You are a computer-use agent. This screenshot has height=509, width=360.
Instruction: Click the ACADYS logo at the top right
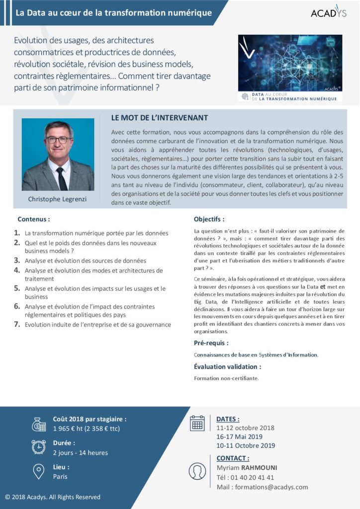coord(328,13)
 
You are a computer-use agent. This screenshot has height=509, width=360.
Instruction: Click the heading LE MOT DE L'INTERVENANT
coord(160,118)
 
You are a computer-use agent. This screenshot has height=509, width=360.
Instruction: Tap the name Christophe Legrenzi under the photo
coord(58,199)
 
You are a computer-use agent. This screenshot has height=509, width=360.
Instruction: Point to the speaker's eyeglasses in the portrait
coord(58,140)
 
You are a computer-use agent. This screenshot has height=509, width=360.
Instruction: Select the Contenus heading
coord(34,219)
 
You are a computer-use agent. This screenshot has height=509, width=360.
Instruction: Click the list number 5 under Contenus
coord(17,288)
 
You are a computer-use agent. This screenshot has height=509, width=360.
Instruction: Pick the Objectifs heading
coord(209,219)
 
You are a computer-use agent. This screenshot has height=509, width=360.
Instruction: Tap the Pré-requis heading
coord(211,343)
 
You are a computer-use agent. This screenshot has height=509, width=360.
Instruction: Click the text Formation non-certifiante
coord(226,378)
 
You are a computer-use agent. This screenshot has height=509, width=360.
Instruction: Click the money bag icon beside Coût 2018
coord(39,424)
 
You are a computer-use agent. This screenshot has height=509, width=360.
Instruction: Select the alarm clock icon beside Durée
coord(39,447)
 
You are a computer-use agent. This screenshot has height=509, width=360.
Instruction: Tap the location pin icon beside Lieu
coord(39,471)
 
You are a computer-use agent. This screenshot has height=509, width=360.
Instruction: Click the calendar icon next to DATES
coord(197,423)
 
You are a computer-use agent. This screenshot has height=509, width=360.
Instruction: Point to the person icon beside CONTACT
coord(197,471)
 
